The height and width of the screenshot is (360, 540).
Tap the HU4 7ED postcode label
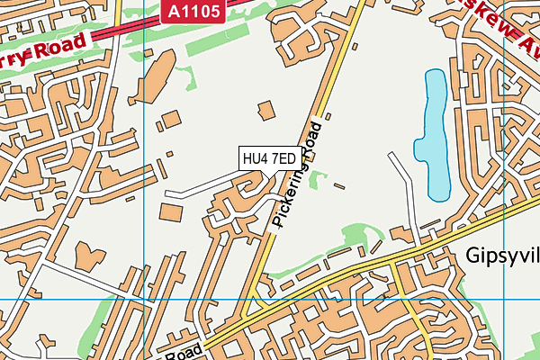pos(268,158)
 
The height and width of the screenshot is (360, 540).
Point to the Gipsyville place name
pos(503,256)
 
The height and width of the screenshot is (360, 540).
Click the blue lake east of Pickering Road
pos(434,135)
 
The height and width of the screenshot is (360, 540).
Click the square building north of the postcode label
pos(265,110)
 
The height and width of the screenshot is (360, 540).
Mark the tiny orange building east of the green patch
pos(338,186)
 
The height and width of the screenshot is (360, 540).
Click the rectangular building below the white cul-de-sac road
pos(170,213)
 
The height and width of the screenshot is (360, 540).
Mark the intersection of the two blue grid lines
pos(144,300)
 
